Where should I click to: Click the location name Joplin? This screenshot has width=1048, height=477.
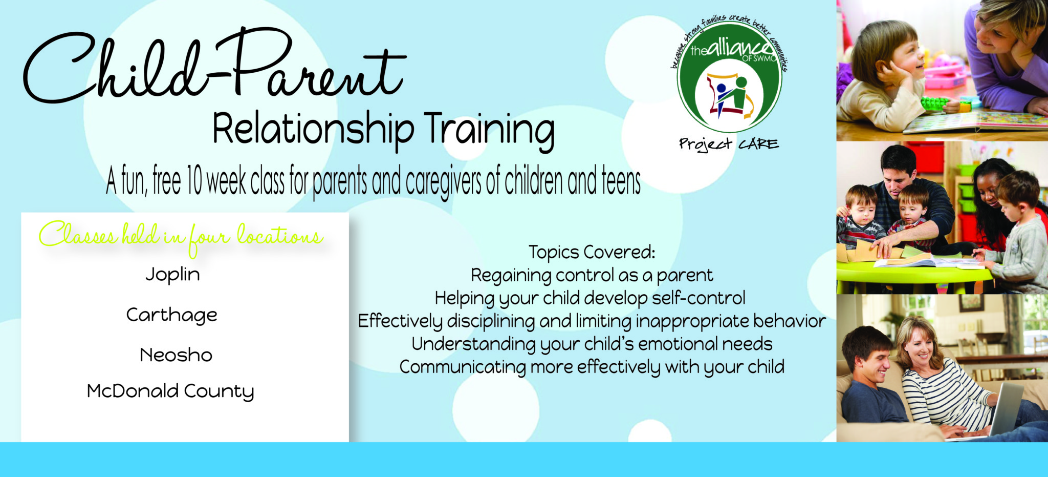pos(172,275)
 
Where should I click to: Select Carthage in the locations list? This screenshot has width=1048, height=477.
pos(172,315)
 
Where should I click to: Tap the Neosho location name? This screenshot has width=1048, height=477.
pos(176,355)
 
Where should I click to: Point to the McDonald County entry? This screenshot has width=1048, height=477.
pos(170,391)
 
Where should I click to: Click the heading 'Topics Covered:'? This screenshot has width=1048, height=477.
pos(592,252)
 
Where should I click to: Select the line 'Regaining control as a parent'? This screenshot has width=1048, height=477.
pos(592,276)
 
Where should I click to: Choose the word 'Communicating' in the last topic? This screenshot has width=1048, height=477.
pos(463,367)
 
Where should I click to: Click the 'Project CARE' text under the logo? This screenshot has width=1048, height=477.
pos(729,144)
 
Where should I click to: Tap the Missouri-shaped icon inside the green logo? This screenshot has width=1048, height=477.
pos(729,95)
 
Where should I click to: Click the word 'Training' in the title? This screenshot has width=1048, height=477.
pos(489,130)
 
